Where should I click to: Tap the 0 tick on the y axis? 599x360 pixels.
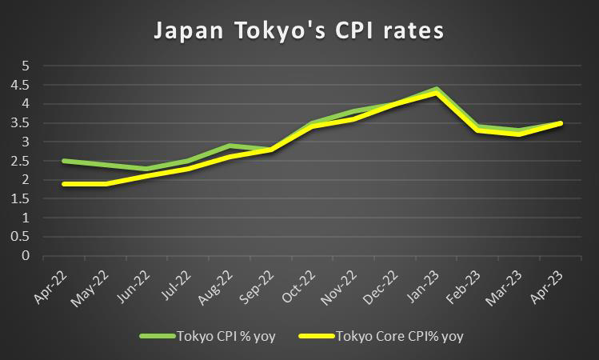[25, 256]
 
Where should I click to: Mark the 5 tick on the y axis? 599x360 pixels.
[25, 65]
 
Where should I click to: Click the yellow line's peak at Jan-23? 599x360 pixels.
[435, 93]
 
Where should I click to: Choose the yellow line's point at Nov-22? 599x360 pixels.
[352, 119]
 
